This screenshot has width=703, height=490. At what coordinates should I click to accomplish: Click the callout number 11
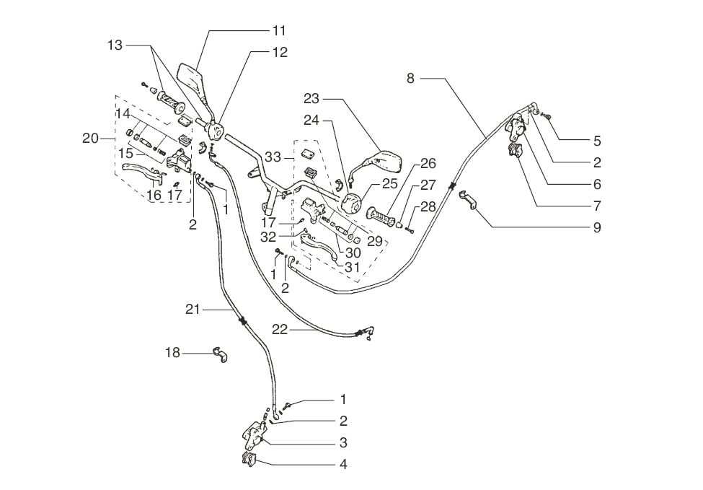[x=279, y=30]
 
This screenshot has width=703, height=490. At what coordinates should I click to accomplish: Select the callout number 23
[x=311, y=99]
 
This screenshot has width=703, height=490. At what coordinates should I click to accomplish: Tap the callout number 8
[x=410, y=78]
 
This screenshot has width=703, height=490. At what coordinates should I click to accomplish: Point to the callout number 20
[x=90, y=139]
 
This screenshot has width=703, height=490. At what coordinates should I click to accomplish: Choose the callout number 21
[x=192, y=309]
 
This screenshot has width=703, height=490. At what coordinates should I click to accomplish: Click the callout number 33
[x=273, y=156]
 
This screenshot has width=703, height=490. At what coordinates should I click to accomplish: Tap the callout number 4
[x=343, y=464]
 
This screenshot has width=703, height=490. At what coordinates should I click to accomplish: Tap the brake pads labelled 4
[x=249, y=459]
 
